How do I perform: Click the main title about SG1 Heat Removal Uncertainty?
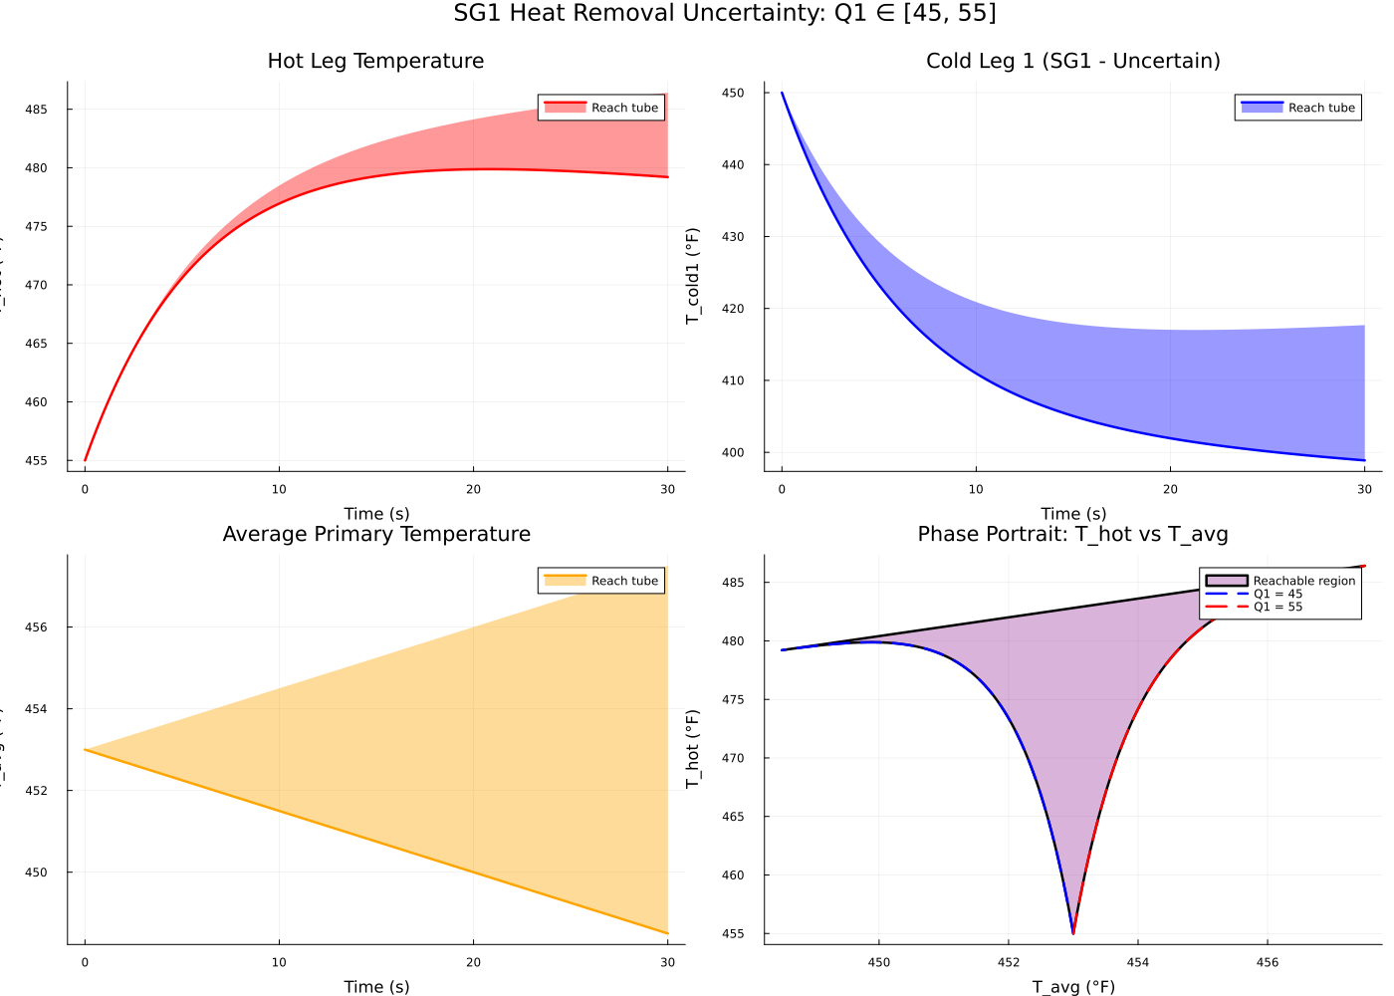tap(724, 13)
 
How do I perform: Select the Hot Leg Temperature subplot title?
tap(375, 61)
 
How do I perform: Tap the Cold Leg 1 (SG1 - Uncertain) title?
tap(1072, 61)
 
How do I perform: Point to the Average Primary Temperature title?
tap(375, 534)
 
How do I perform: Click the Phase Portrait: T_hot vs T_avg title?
tap(1072, 534)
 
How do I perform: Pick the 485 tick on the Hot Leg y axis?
tap(36, 110)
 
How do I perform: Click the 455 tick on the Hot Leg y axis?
tap(36, 461)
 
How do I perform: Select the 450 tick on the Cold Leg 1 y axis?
tap(733, 93)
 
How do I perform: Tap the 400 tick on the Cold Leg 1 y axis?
tap(733, 453)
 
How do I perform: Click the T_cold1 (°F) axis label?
tap(693, 276)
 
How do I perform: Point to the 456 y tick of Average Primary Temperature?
tap(36, 627)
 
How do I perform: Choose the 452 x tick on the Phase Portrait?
tap(1009, 963)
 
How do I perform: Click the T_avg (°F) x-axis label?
tap(1072, 987)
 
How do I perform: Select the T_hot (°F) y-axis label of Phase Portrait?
tap(693, 749)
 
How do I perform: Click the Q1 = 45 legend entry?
tap(1278, 594)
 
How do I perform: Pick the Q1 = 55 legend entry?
tap(1278, 607)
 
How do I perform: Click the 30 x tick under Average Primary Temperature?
tap(667, 963)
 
